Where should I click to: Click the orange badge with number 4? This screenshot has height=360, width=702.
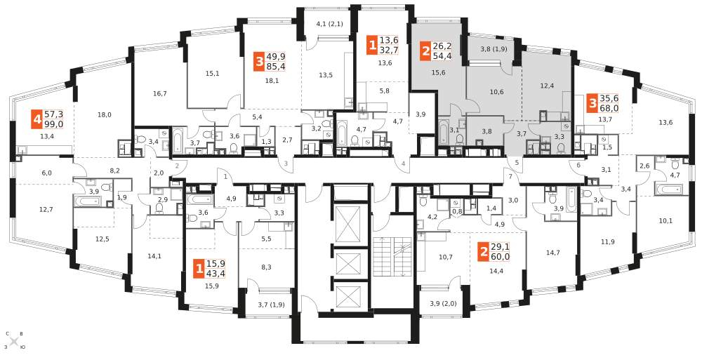[37, 119]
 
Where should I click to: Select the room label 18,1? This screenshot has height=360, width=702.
[272, 81]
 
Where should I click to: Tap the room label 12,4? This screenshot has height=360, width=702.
[547, 86]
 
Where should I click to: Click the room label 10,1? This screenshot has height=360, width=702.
[665, 220]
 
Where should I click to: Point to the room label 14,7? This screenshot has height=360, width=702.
[552, 253]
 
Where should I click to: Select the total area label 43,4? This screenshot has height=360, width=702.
[216, 273]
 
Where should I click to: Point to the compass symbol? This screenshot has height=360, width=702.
[14, 341]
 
